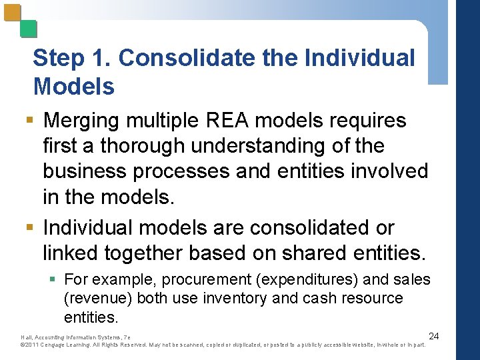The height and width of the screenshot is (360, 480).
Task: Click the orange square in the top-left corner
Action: pos(13,13)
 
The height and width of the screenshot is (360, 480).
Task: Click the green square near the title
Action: pos(28,29)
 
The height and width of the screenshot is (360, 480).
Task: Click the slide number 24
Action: pos(433,335)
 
